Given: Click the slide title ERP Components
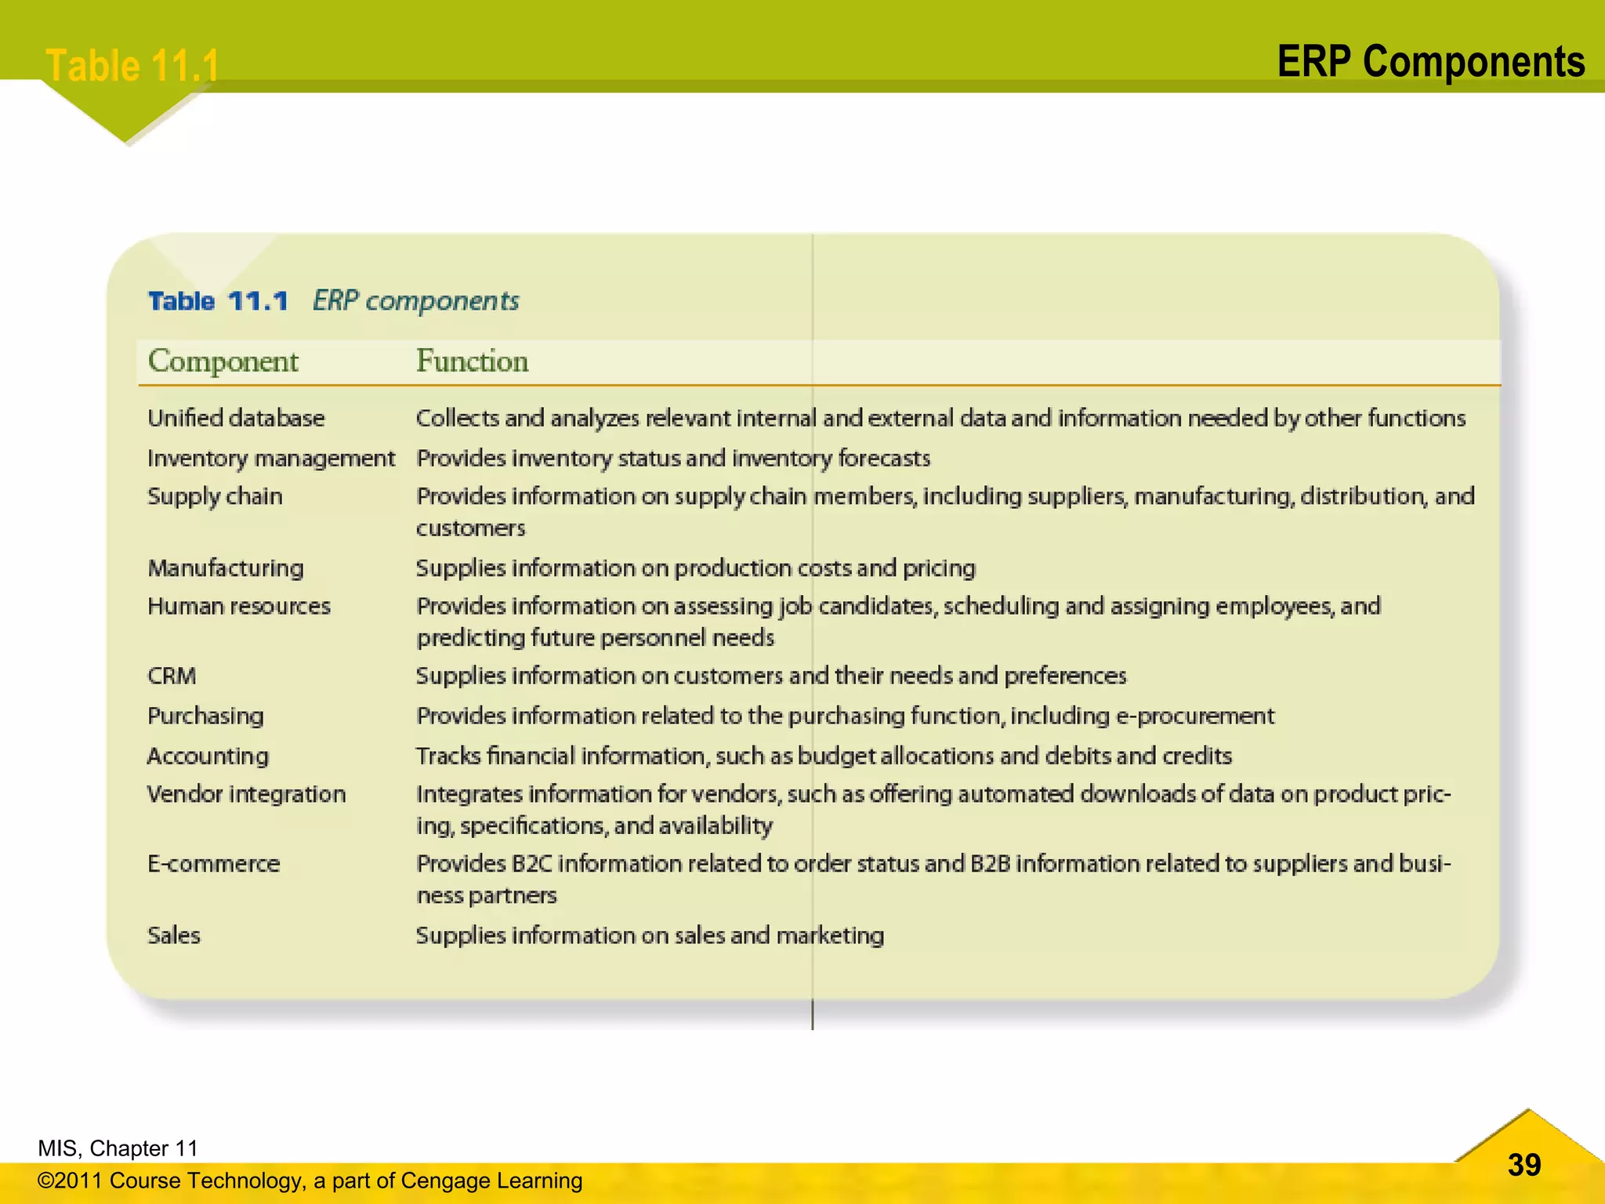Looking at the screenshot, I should [x=1430, y=62].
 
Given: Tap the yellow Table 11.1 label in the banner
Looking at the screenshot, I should [x=132, y=65].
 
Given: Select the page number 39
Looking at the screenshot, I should [x=1523, y=1165].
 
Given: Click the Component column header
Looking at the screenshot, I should [x=223, y=361].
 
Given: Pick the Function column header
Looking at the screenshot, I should [x=472, y=361].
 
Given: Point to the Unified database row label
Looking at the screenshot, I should [x=236, y=418].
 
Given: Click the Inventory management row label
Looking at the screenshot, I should [x=271, y=458].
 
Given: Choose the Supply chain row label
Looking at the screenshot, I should [x=215, y=496].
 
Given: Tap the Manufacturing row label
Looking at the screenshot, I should [x=226, y=568].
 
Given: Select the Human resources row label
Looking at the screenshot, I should [x=239, y=606].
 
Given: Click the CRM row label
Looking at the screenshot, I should [x=172, y=676].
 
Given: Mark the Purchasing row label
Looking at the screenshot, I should [x=205, y=716].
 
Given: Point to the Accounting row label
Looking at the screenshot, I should [x=208, y=756].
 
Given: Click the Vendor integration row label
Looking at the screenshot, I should [x=246, y=794].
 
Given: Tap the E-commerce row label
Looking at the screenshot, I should [x=213, y=864].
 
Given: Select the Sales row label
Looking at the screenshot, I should [x=174, y=935].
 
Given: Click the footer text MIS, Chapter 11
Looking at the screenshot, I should [x=118, y=1148].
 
